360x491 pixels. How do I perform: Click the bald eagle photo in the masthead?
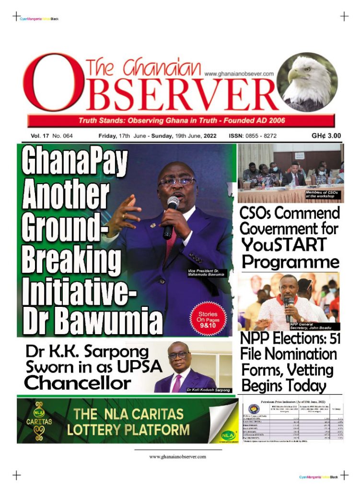point(307,82)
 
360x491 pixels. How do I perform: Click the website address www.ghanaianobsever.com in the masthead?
point(239,74)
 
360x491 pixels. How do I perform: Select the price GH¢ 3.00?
point(326,136)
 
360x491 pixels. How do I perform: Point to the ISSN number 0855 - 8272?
point(253,136)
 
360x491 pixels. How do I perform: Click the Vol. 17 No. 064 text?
point(52,136)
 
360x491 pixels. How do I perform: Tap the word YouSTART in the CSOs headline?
point(284,245)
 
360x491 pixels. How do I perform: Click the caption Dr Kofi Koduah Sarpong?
point(209,390)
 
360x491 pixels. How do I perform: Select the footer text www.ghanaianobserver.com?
point(178,456)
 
